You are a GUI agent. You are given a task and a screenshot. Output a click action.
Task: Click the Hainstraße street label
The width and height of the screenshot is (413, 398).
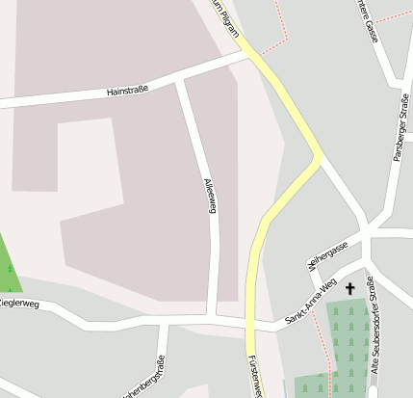point(127,91)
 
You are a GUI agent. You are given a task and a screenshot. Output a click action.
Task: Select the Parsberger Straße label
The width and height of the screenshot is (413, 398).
point(398,125)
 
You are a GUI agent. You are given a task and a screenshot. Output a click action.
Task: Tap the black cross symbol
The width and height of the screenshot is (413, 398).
point(349,288)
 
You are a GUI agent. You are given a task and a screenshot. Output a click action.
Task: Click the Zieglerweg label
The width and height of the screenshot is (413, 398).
point(19,304)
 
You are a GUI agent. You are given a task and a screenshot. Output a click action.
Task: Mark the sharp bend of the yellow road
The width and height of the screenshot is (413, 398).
point(319,156)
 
